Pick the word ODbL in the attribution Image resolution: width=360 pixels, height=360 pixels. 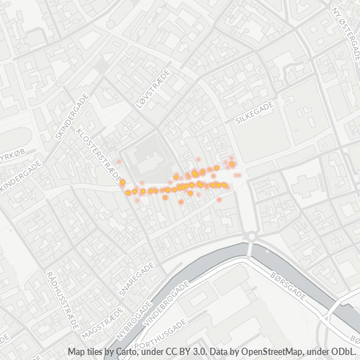tap(346, 351)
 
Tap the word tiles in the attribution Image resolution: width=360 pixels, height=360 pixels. tap(99, 351)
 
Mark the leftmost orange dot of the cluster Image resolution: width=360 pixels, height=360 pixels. tap(122, 182)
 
